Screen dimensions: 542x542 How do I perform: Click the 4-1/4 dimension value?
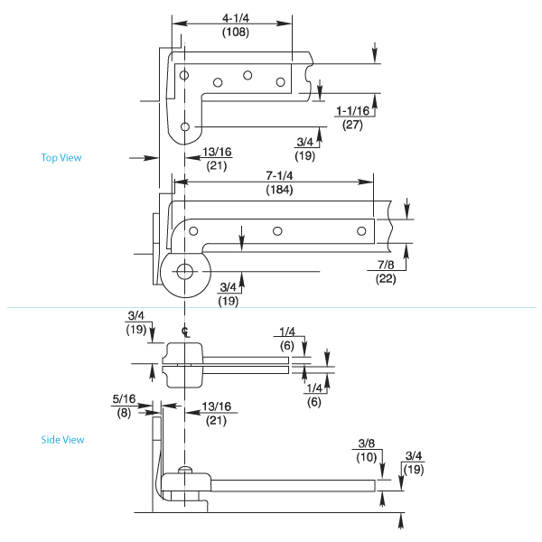point(236,18)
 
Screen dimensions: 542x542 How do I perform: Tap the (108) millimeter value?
point(236,32)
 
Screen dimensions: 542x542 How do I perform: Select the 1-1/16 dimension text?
point(353,110)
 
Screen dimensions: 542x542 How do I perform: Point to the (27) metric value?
point(352,125)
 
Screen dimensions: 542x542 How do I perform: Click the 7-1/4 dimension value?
point(279,175)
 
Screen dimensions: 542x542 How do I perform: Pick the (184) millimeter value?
point(279,190)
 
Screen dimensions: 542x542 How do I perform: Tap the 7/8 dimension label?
point(386,265)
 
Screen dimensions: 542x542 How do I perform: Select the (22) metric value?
point(386,278)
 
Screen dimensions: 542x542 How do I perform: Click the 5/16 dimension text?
point(124,399)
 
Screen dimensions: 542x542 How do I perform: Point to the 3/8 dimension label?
point(367,444)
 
